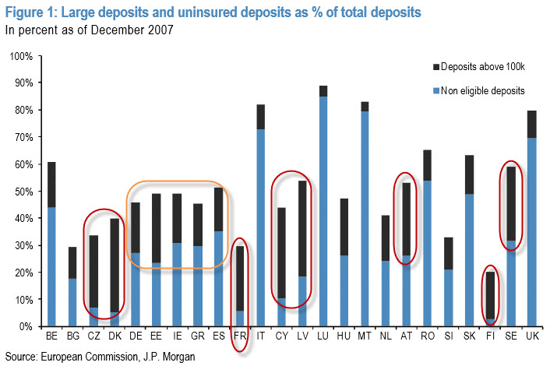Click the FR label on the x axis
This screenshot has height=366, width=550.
(240, 336)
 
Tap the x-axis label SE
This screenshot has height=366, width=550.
(509, 336)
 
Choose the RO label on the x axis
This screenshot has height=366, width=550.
(427, 336)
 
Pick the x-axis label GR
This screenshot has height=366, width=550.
(199, 336)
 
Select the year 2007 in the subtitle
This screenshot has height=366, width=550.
(160, 31)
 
